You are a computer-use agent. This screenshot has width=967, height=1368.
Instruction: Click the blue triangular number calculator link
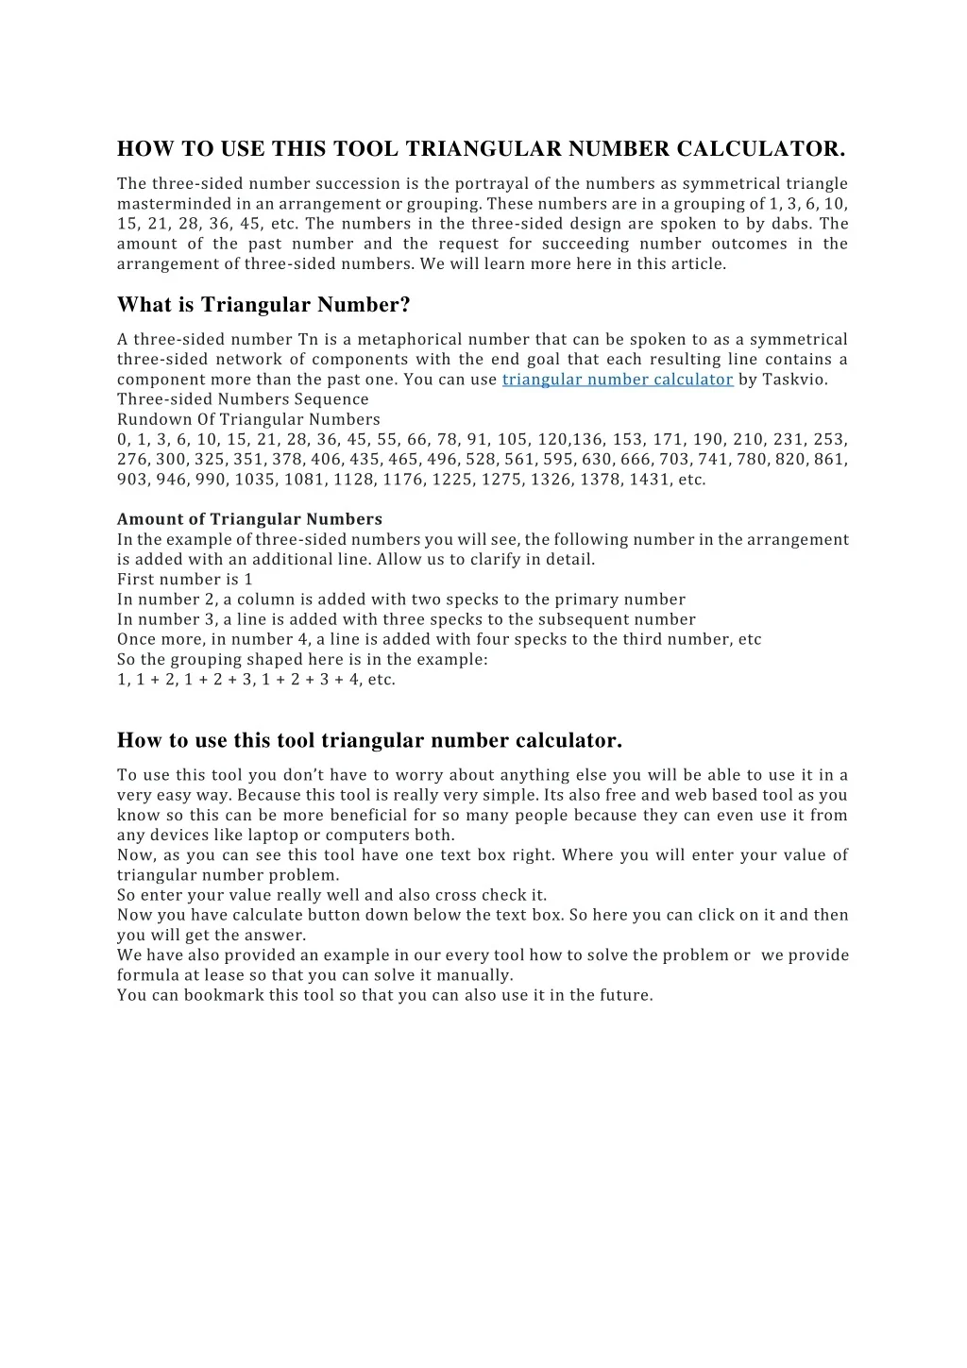(x=618, y=380)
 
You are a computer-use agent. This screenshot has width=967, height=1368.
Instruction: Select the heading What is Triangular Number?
(x=263, y=305)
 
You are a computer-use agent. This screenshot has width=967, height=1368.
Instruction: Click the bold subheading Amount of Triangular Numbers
(x=249, y=519)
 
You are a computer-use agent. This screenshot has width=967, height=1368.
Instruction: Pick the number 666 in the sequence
(x=636, y=460)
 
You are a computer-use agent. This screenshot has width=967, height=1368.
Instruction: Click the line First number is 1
(x=185, y=580)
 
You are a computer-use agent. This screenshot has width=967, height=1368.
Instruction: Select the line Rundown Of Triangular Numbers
(x=248, y=419)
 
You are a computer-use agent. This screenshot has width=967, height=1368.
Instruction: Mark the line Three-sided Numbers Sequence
(x=243, y=399)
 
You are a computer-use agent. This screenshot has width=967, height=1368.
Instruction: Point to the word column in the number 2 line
(x=265, y=600)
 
